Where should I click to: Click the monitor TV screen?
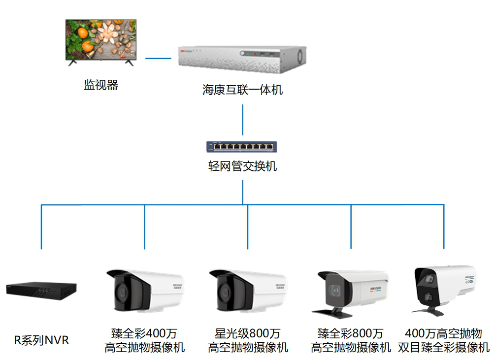(101, 38)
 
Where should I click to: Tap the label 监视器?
(101, 85)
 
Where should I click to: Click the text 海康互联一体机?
(242, 90)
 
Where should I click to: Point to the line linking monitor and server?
(158, 58)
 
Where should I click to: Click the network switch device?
(241, 146)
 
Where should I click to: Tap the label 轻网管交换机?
(242, 166)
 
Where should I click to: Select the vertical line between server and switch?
(242, 119)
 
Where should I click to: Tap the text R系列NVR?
(41, 340)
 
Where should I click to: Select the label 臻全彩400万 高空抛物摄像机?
(145, 340)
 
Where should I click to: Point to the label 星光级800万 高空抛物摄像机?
(248, 340)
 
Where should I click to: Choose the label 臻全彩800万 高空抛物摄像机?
(351, 340)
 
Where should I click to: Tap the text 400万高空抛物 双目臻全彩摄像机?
(443, 340)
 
